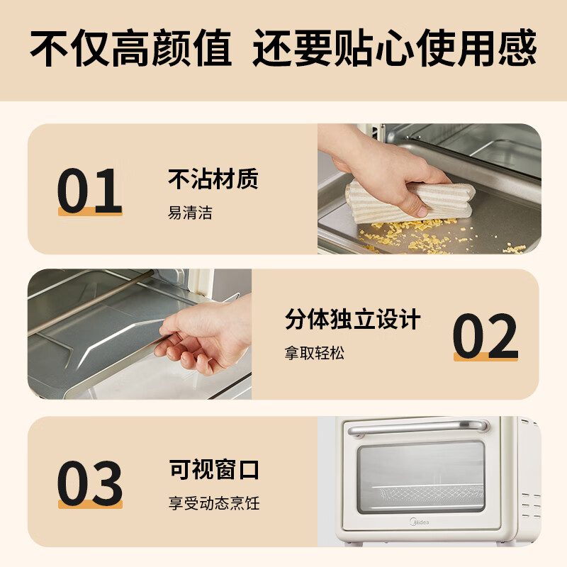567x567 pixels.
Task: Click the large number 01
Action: pos(90,191)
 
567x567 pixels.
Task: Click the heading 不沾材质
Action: pos(213,179)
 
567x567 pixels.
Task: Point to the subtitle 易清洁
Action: pos(190,213)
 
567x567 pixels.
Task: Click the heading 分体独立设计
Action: pos(352,319)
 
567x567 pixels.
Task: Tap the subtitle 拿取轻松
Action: pos(314,353)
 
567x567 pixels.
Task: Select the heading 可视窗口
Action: pos(214,469)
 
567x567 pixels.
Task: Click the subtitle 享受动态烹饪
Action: pos(214,503)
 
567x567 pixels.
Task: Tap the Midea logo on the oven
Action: pos(420,522)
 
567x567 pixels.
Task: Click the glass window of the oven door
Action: pos(421,476)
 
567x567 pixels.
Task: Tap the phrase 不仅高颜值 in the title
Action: pos(130,47)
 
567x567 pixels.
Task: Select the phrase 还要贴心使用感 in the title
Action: pos(394,47)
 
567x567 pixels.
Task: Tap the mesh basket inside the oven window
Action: pos(427,494)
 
